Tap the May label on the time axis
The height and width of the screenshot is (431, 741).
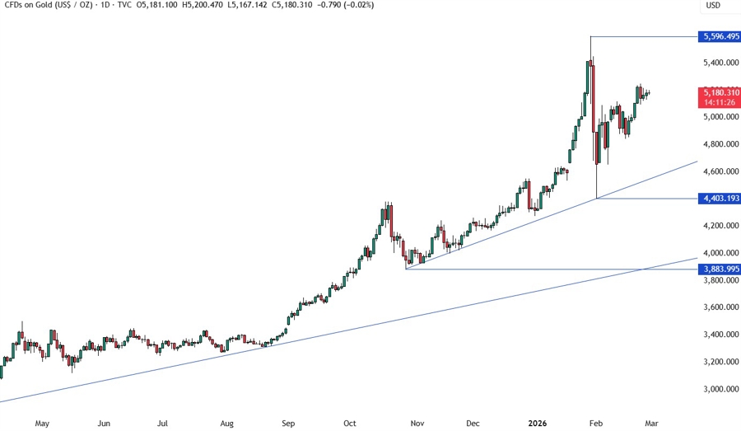[42, 424]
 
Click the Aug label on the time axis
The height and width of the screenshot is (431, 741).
[228, 424]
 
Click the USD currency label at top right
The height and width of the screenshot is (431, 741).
[713, 6]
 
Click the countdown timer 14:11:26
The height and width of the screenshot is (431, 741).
[719, 103]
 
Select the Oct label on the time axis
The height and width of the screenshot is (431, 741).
[350, 424]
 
